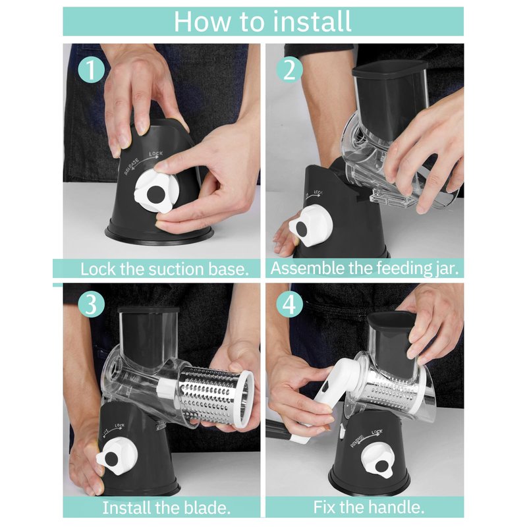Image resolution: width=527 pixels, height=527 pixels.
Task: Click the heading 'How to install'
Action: [262, 22]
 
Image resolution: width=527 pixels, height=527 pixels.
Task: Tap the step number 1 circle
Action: [92, 70]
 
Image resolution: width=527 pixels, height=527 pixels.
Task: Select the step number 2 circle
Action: [290, 70]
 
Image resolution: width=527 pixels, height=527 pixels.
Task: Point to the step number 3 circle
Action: [92, 304]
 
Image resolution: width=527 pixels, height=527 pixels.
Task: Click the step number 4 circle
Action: [290, 304]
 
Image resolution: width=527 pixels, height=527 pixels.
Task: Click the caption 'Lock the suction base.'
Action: [165, 269]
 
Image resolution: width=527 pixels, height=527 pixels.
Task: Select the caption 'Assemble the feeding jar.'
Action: [365, 269]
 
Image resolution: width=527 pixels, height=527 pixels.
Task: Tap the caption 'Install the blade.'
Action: [167, 507]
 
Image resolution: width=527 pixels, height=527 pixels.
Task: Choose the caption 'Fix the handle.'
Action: [369, 507]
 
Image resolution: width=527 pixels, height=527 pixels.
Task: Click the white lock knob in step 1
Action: [155, 191]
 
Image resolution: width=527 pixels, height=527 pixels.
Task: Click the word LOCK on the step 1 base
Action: [156, 154]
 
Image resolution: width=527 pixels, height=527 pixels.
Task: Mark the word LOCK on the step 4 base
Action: [377, 432]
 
